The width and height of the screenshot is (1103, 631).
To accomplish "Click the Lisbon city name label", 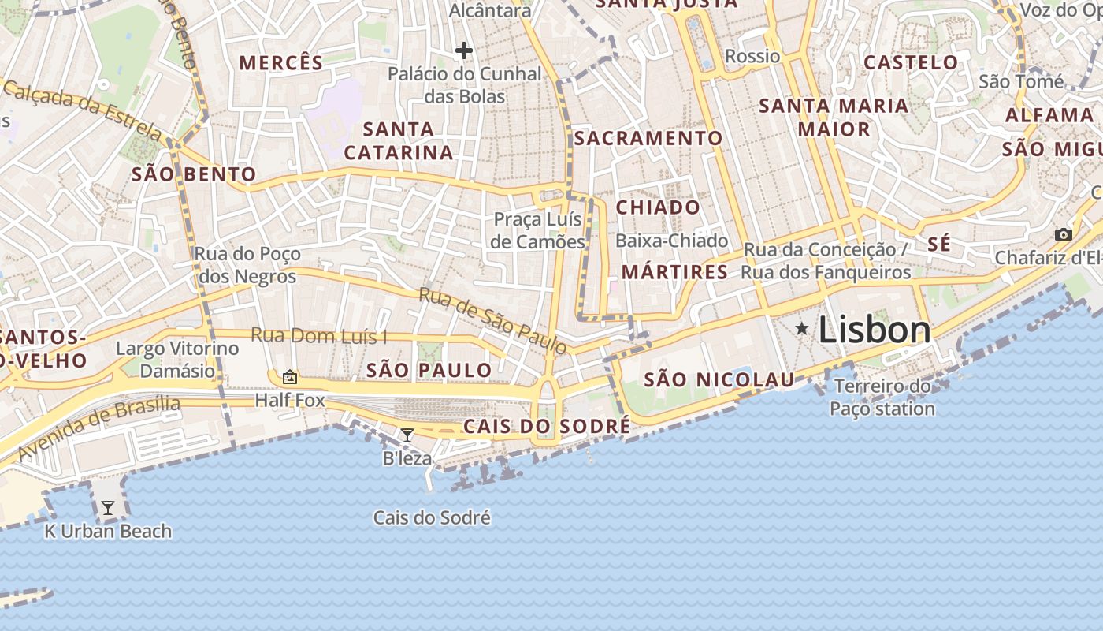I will [875, 330].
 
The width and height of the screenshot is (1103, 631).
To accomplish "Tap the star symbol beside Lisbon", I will [802, 328].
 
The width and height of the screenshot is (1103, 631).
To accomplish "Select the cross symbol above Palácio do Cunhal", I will [464, 51].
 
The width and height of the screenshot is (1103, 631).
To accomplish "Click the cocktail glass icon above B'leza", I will [407, 435].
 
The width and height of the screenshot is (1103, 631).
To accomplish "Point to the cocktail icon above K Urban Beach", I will [108, 508].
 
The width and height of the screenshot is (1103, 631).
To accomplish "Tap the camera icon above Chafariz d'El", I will [1064, 234].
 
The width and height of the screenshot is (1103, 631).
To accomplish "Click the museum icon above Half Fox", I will [290, 378].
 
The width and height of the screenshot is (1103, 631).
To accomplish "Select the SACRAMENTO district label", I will [648, 138].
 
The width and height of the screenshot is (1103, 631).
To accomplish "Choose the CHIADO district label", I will [658, 207].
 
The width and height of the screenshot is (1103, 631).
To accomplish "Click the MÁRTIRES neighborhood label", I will [675, 272].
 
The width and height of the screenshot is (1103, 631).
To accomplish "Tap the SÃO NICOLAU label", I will [719, 380].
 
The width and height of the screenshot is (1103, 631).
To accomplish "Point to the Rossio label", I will [752, 56].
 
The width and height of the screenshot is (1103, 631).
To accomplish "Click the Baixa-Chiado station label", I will [672, 241].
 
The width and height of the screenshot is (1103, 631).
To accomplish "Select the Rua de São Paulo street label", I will [492, 320].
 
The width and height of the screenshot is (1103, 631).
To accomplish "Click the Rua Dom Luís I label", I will [319, 335].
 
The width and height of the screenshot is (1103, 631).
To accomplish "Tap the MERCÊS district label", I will [281, 63].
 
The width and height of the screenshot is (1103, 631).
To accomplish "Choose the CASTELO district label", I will [911, 62].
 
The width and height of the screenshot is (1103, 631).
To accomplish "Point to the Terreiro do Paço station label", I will [882, 398].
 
